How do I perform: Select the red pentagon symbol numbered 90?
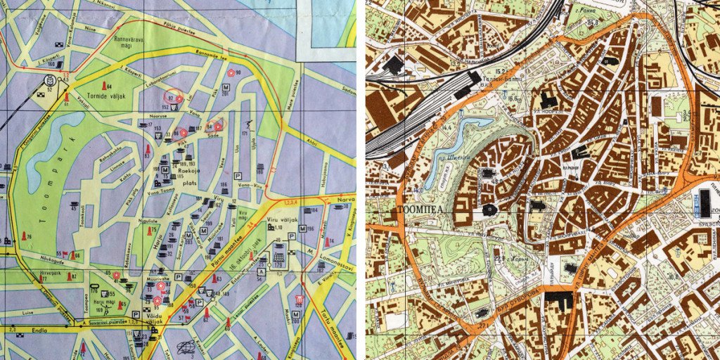point(230,72)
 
